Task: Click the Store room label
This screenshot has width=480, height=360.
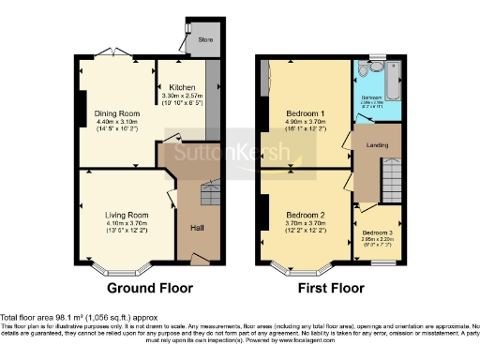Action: click(205, 40)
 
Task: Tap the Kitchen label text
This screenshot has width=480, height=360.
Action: click(183, 87)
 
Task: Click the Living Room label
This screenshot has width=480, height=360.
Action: click(127, 215)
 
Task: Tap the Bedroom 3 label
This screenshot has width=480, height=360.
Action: click(379, 232)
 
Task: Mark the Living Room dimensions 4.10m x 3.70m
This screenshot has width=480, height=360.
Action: click(127, 223)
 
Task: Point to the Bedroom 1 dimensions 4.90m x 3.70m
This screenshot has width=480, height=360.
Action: click(306, 123)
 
